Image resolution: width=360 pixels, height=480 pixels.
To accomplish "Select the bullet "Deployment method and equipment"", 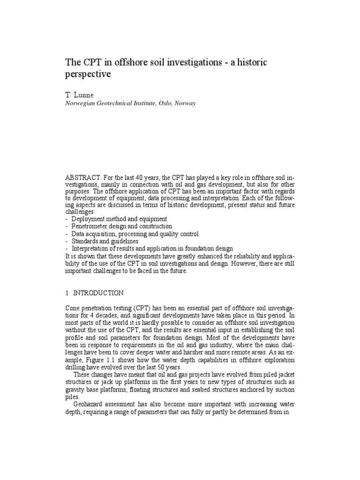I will point(119,219).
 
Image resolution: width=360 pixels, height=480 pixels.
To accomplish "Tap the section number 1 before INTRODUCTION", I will point(67,293).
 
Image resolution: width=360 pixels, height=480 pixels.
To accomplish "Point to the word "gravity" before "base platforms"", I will point(75,389).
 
